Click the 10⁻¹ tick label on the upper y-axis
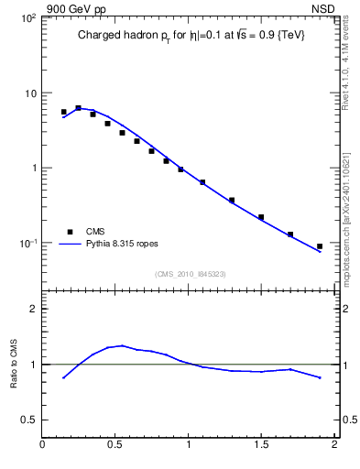coord(27,243)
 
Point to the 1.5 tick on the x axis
coord(261,444)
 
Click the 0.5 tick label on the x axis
coord(115,444)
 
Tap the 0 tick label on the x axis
coord(43,444)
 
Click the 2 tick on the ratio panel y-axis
coord(33,310)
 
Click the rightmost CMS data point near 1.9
coord(320,246)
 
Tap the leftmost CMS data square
coord(64,112)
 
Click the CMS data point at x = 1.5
coord(261,217)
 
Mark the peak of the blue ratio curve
coord(121,345)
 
